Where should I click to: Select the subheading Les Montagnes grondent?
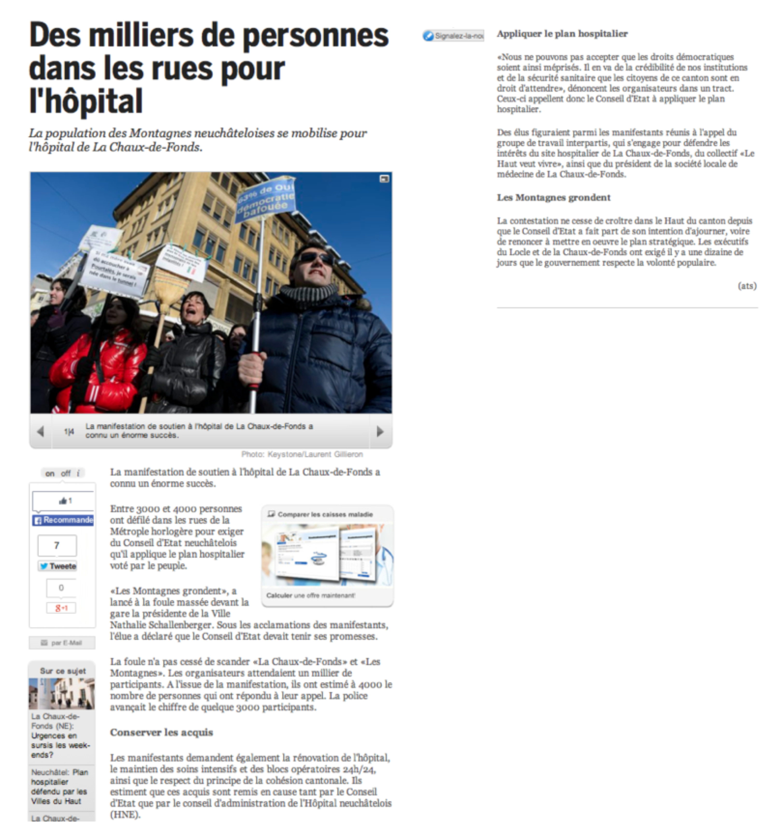tap(554, 198)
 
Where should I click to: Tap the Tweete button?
tap(58, 566)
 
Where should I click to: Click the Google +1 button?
tap(61, 608)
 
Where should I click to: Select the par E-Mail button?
tap(62, 642)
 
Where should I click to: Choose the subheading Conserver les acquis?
tap(161, 732)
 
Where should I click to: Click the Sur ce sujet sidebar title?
tap(63, 671)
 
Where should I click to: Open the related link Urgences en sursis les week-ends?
tap(60, 745)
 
